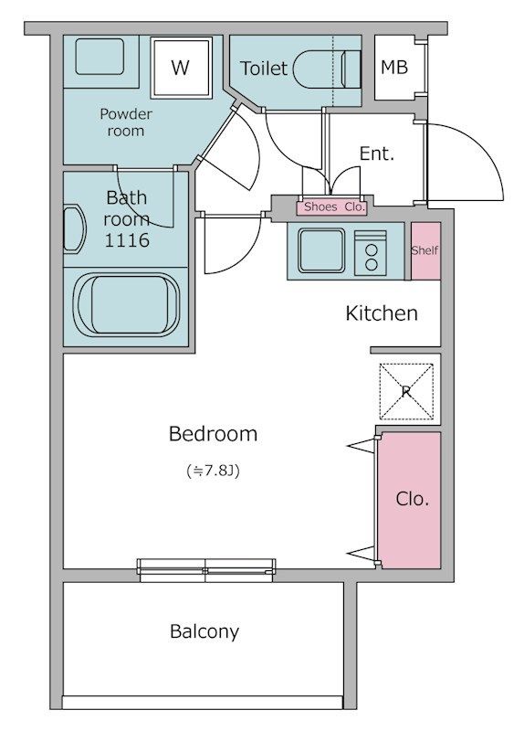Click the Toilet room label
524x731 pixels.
click(x=264, y=69)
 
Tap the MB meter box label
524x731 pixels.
click(x=394, y=68)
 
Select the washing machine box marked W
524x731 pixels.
click(x=181, y=68)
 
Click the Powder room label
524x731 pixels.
click(x=126, y=122)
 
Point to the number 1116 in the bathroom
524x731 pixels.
click(x=127, y=240)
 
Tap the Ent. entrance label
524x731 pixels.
click(x=377, y=154)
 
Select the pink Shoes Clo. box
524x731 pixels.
click(x=332, y=207)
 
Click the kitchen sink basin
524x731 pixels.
click(x=321, y=250)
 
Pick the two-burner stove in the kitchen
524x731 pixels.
click(x=371, y=253)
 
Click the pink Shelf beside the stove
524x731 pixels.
click(x=425, y=250)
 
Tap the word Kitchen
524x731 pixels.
click(x=382, y=313)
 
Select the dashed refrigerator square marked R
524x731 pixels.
click(x=406, y=392)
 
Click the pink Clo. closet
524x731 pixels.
click(x=410, y=500)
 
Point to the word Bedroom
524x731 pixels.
click(x=213, y=434)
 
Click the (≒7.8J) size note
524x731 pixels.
click(x=213, y=471)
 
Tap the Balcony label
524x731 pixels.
click(x=204, y=631)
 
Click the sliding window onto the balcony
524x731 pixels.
click(x=206, y=570)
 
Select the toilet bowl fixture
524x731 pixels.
click(x=327, y=69)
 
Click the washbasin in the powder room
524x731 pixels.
click(x=100, y=57)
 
